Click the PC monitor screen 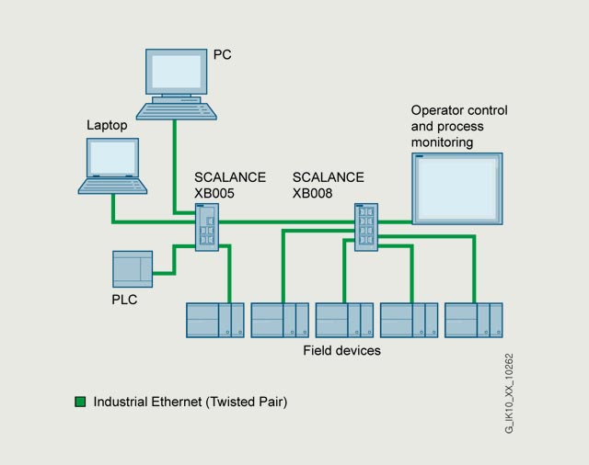coord(176,72)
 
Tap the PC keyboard coord(176,111)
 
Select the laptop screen coord(112,157)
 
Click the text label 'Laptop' coord(107,125)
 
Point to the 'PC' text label coord(223,55)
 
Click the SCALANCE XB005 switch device coord(207,227)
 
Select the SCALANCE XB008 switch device coord(366,227)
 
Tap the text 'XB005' coord(214,193)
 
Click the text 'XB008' coord(313,193)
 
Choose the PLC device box coord(133,269)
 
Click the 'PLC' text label coord(124,300)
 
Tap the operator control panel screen coord(457,188)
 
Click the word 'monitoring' coord(442,142)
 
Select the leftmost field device coord(215,320)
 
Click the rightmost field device coord(474,320)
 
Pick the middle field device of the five coord(344,320)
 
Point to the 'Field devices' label coord(341,351)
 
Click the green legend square coord(80,402)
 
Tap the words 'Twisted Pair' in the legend coord(247,402)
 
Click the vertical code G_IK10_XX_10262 coord(509,393)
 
